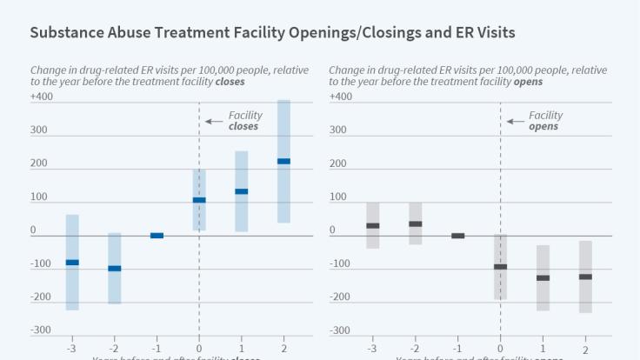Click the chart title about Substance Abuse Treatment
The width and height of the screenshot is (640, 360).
click(272, 33)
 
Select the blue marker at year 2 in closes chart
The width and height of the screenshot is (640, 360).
click(283, 161)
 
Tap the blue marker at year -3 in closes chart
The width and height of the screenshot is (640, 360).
click(72, 262)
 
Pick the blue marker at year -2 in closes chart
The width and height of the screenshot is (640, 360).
click(115, 268)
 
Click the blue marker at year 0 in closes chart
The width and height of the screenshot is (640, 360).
click(199, 200)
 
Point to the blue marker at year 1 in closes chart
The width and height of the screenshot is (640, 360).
click(242, 191)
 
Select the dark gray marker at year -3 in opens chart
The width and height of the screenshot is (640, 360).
click(373, 225)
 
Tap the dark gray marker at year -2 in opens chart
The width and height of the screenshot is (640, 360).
click(416, 223)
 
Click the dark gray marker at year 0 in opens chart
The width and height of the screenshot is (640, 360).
click(501, 266)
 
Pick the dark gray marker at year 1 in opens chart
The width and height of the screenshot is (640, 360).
click(543, 277)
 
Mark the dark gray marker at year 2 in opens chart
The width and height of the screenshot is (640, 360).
click(585, 277)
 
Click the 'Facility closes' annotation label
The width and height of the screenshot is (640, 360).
click(244, 121)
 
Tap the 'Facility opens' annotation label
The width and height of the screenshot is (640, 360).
click(545, 121)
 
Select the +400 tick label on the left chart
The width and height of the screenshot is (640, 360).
click(42, 97)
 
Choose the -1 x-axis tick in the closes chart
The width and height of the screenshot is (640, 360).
click(157, 348)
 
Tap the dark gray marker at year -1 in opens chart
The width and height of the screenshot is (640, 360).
click(458, 236)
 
